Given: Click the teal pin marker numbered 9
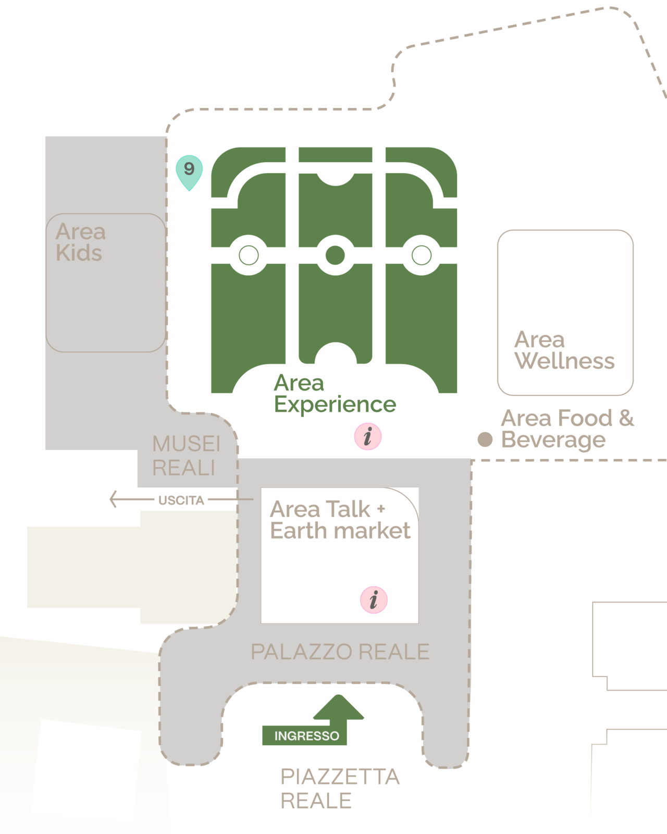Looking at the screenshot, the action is pos(189,171).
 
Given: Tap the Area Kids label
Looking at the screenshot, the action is pos(80,242).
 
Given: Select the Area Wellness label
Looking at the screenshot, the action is pos(564,350).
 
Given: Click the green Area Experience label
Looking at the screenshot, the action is pos(335,394).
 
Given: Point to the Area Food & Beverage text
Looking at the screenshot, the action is pos(567,428).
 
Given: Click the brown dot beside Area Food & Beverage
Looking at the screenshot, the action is pos(485,439).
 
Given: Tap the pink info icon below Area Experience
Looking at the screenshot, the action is pos(368,436).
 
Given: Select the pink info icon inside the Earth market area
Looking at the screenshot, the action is pos(374,600).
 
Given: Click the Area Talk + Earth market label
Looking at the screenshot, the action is pos(340,520).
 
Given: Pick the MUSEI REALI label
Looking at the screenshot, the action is pos(187,456).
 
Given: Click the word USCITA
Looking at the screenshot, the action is pos(181,500).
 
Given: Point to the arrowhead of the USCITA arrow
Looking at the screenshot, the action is pos(111,499).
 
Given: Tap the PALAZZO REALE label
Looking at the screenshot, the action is pos(340,652).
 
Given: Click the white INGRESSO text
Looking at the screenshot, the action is pos(306,735).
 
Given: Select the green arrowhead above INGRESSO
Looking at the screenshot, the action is pos(338,707).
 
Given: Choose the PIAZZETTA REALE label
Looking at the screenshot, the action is pos(340,789).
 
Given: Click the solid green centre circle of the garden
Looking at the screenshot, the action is pos(335,255).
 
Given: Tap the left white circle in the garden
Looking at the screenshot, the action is pos(249,255).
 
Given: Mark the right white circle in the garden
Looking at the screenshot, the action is pos(421,255).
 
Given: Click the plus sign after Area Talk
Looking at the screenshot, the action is pos(381,508).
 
